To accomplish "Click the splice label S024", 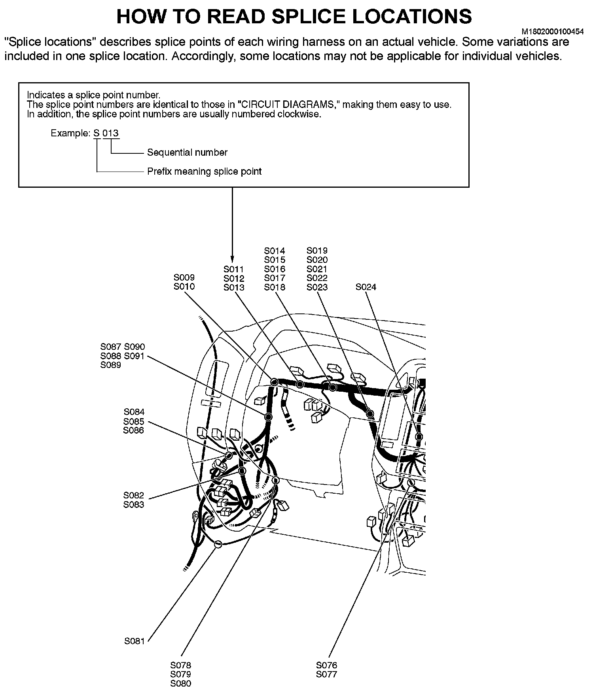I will (366, 287).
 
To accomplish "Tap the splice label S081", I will (135, 641).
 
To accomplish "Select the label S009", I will (184, 277).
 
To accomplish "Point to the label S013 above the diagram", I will (234, 288).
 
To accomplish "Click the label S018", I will (275, 287).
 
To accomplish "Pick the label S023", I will (317, 287).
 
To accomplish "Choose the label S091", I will (135, 356).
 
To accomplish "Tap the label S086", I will (134, 430).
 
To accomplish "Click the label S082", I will (134, 495).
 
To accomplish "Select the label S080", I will (180, 683).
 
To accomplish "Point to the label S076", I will (326, 665).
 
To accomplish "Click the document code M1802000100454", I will (553, 31).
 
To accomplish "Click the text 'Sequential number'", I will (187, 153).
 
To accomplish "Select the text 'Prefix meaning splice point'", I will (204, 172).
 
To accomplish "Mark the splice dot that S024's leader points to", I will (419, 437).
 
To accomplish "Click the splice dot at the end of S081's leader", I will (217, 544).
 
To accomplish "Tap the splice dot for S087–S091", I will (268, 417).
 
